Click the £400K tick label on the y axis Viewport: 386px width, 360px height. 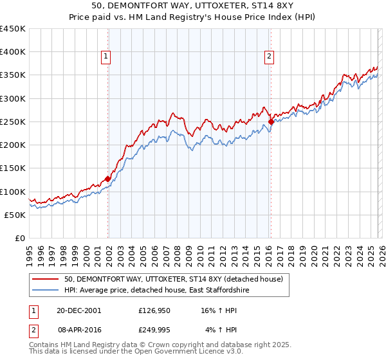[13, 52]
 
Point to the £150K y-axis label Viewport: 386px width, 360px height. [13, 168]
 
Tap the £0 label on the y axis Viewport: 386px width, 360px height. [20, 239]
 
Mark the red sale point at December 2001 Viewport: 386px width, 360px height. [107, 179]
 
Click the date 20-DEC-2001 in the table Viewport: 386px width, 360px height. [78, 310]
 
